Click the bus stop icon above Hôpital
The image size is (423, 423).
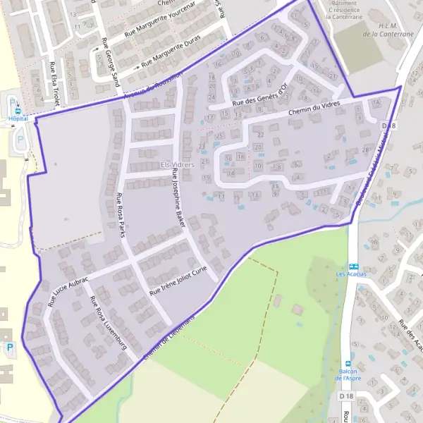(13, 107)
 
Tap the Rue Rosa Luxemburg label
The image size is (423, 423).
(107, 323)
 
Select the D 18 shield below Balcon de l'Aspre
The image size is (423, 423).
(345, 397)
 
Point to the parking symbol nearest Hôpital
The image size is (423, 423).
(20, 138)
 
